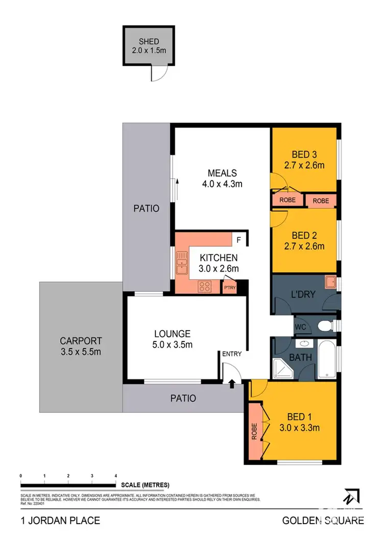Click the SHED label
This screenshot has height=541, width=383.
149,41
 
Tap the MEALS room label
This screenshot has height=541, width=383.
222,173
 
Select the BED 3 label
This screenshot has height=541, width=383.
304,154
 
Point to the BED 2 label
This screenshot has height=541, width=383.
304,235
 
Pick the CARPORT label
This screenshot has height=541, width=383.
81,340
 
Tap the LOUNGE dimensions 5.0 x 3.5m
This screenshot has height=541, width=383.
173,345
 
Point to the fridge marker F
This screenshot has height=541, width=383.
238,239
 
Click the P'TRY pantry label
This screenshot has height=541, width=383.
229,288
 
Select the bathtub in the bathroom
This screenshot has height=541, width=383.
327,359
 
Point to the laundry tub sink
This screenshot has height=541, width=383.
330,281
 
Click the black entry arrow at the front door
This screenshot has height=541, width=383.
232,384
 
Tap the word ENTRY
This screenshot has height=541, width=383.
231,354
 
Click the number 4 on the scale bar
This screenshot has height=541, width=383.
116,475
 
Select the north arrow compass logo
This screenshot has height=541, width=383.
351,497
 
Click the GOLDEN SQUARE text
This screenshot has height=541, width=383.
323,521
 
